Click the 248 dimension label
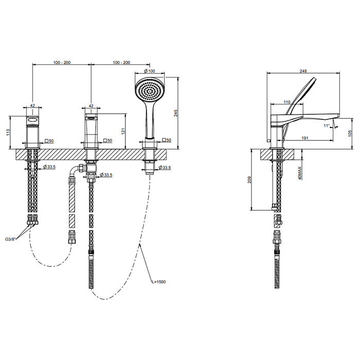coord(303,71)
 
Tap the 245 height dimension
coord(176,113)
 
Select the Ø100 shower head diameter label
coord(150,71)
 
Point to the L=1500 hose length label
coord(158,282)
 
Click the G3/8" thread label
coord(10,239)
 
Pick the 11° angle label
coord(327,125)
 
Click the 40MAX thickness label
coord(300,173)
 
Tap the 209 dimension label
coord(250,179)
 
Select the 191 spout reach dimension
coord(304,138)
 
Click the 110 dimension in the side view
coord(287,102)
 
